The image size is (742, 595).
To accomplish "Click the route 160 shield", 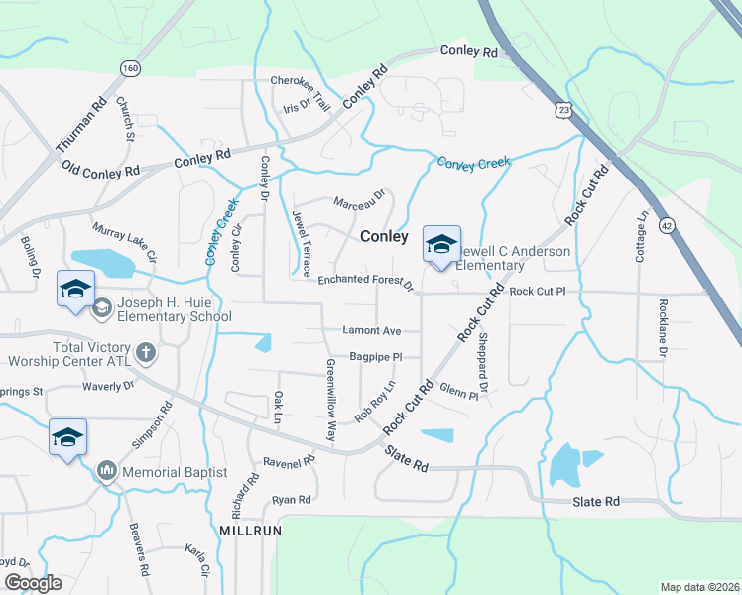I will pyautogui.click(x=130, y=67).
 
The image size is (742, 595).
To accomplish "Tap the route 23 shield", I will pyautogui.click(x=563, y=108).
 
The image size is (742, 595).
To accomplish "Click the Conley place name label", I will pyautogui.click(x=384, y=237).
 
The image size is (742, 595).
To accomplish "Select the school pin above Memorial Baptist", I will pyautogui.click(x=67, y=438).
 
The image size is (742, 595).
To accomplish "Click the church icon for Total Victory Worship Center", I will pyautogui.click(x=145, y=352).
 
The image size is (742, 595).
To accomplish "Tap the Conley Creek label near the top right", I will pyautogui.click(x=473, y=163).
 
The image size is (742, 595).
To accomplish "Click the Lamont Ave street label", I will pyautogui.click(x=371, y=330).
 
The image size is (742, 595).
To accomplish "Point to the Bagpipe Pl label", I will pyautogui.click(x=375, y=356).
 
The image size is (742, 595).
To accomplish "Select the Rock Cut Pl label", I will pyautogui.click(x=537, y=292).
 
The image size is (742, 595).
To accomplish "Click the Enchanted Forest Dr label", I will pyautogui.click(x=366, y=283).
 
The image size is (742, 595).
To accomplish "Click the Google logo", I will pyautogui.click(x=32, y=583).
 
